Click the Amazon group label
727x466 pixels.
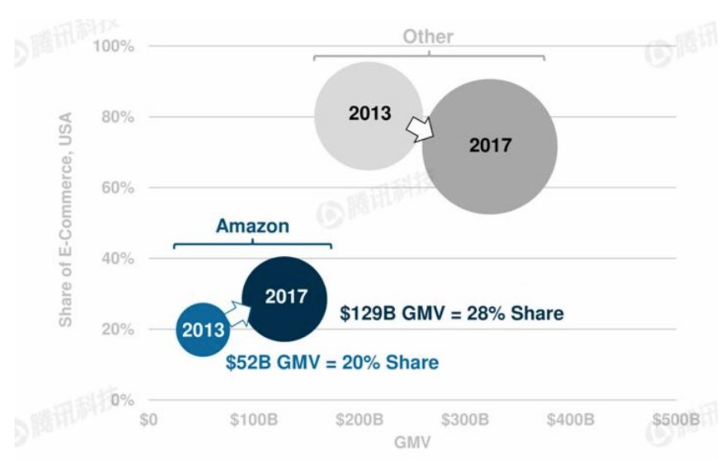(252, 226)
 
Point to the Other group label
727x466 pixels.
(428, 37)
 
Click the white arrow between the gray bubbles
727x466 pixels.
(420, 129)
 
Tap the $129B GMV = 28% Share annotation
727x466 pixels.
(451, 313)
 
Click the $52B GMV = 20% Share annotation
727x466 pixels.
(332, 362)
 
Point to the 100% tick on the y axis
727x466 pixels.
(114, 46)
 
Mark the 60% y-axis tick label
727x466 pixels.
(118, 187)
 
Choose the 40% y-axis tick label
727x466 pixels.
(118, 258)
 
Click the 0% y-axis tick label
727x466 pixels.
(122, 400)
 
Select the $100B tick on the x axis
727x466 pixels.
(254, 419)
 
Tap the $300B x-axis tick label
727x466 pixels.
(465, 419)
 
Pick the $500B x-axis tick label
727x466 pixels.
(676, 419)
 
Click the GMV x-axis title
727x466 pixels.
(412, 442)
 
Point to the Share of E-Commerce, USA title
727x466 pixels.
(65, 220)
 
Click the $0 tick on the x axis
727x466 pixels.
(149, 419)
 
